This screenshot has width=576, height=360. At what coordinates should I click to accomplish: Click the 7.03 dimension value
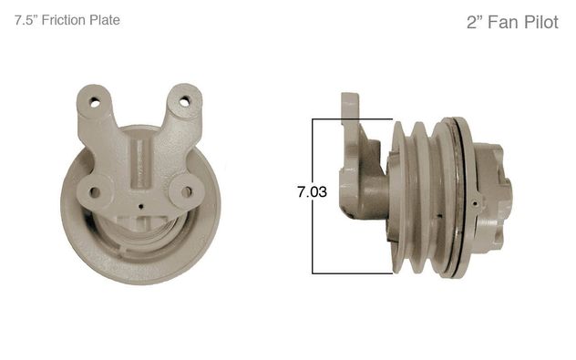[312, 191]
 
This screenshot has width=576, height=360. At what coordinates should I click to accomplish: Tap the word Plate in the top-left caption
[105, 20]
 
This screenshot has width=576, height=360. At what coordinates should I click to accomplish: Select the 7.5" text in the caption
[26, 20]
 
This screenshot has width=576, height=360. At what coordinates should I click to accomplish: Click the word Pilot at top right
[540, 23]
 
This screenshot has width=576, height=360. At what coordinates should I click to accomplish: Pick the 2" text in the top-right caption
[475, 23]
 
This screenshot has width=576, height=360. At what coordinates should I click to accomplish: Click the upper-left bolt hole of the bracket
[95, 102]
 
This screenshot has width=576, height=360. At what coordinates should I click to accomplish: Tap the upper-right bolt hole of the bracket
[184, 101]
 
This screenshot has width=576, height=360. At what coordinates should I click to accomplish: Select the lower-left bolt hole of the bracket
[95, 191]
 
